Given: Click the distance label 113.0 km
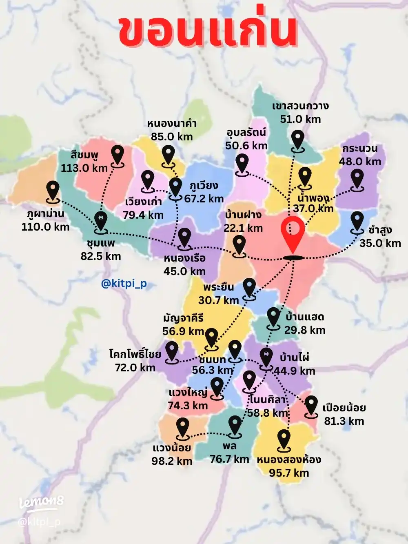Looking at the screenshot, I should pyautogui.click(x=84, y=168).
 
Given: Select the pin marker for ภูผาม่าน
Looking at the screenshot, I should pyautogui.click(x=53, y=191).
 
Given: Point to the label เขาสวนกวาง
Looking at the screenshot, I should pyautogui.click(x=300, y=106).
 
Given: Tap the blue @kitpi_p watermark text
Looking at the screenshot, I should pyautogui.click(x=124, y=283).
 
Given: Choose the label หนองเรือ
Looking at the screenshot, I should pyautogui.click(x=184, y=258).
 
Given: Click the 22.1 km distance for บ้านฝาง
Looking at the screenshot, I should pyautogui.click(x=243, y=228).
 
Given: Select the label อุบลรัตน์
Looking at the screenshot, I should pyautogui.click(x=246, y=133).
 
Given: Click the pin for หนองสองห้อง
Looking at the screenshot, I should pyautogui.click(x=284, y=440).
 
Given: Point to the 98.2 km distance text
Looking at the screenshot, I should pyautogui.click(x=172, y=461).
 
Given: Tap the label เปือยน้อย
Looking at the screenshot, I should pyautogui.click(x=344, y=408).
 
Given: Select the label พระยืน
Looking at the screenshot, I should pyautogui.click(x=219, y=287).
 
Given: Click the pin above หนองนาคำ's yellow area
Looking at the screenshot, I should pyautogui.click(x=168, y=156).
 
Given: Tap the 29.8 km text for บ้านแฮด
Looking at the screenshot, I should pyautogui.click(x=305, y=330).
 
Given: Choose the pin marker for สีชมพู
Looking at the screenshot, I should pyautogui.click(x=118, y=155).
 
